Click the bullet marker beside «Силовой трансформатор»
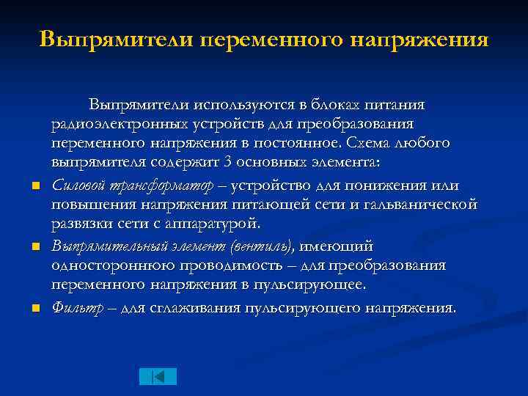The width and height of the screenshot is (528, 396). click(34, 184)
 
